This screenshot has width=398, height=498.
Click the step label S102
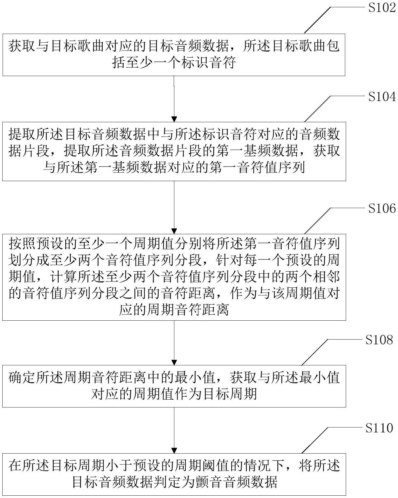click(x=382, y=8)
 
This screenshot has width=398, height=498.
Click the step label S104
click(x=382, y=97)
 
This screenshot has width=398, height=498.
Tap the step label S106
click(x=382, y=208)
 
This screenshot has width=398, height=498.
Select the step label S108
click(x=379, y=340)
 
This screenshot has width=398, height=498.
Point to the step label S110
click(x=379, y=428)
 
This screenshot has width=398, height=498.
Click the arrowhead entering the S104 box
click(x=174, y=119)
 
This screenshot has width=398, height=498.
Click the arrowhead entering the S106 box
click(x=174, y=231)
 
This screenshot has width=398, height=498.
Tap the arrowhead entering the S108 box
click(x=174, y=362)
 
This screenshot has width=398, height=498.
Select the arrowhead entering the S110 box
click(x=174, y=450)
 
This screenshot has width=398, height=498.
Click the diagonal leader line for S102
click(x=317, y=20)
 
